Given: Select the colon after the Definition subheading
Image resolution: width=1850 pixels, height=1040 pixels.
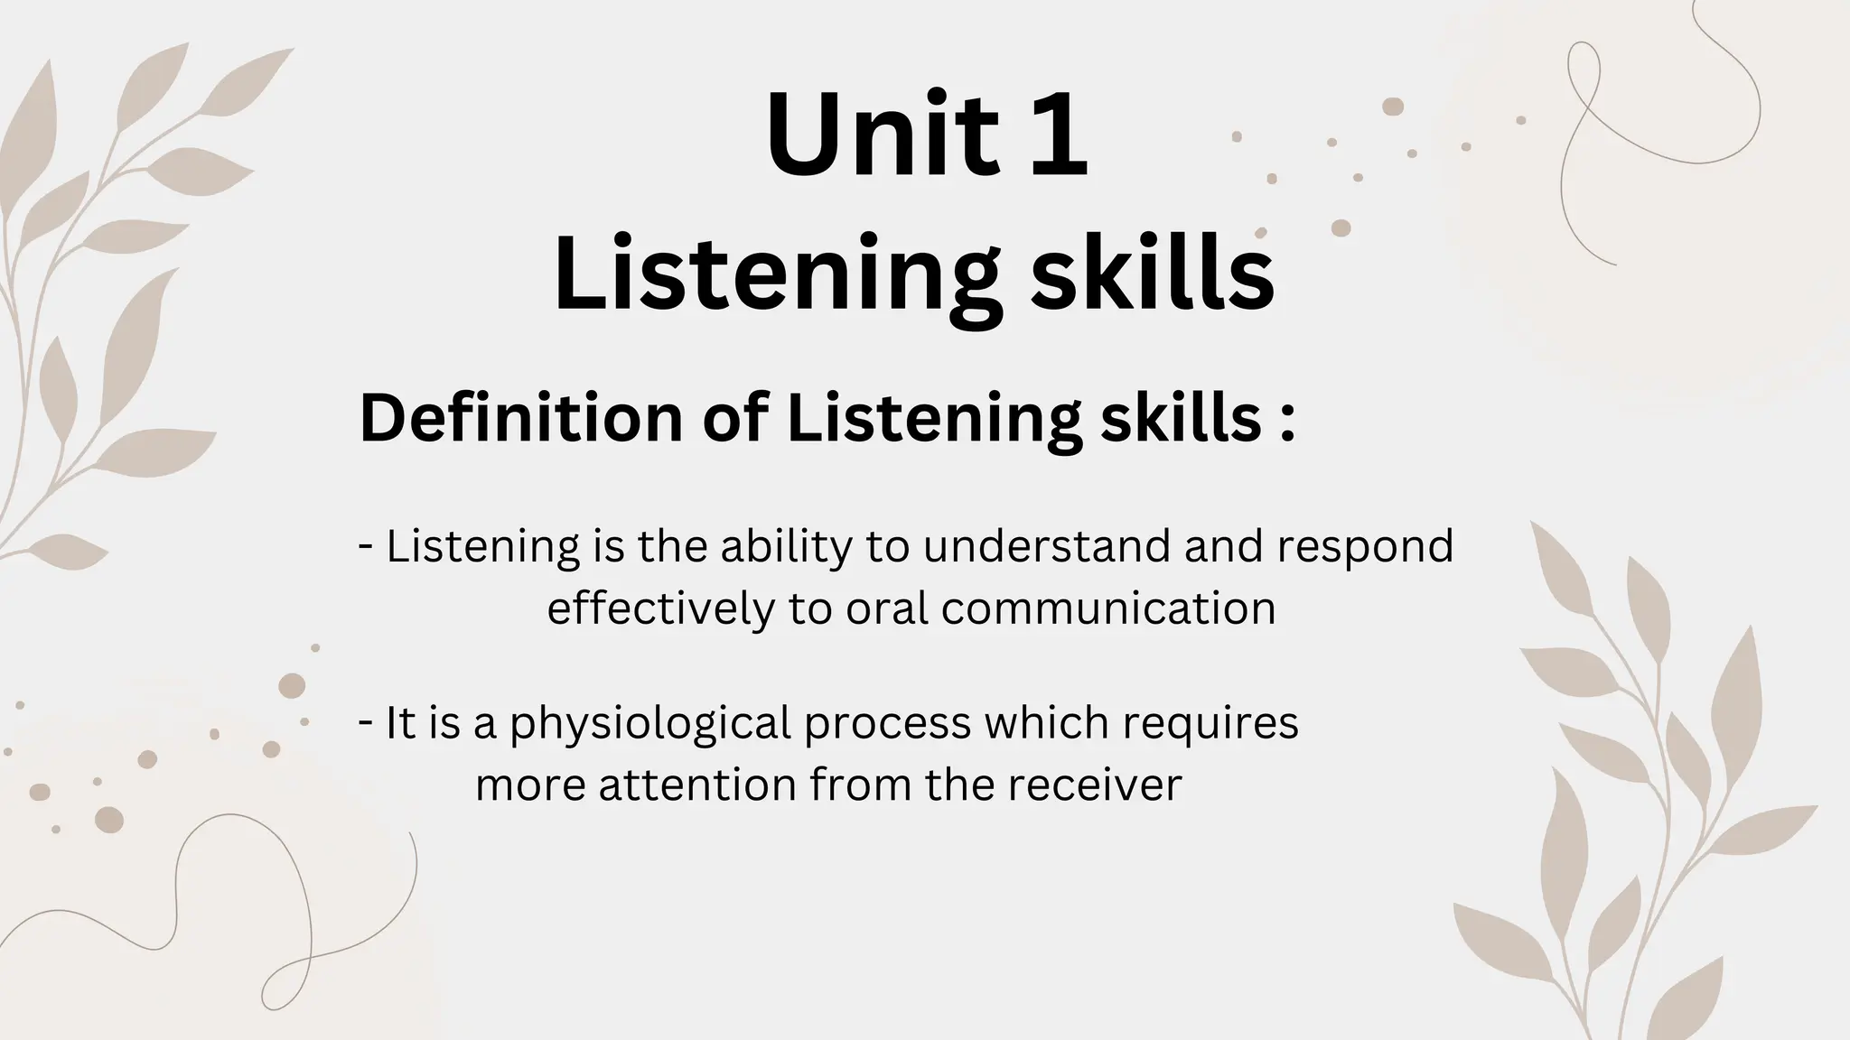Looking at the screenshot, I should pos(1287,422).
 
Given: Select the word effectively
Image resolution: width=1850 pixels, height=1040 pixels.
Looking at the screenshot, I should pos(660,608).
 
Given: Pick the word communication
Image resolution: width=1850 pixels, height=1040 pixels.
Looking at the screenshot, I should pos(1108,608).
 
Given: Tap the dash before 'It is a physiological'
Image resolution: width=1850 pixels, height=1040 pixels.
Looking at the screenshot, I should pos(366,722).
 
